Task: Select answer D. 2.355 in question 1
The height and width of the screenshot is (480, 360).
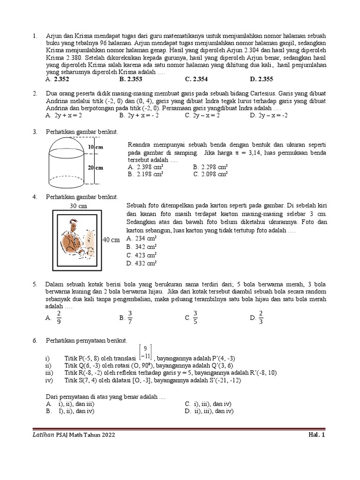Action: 262,79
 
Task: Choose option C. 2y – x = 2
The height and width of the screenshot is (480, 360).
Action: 202,114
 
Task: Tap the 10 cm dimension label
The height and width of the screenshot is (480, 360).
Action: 96,147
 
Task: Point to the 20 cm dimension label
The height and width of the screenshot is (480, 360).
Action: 96,167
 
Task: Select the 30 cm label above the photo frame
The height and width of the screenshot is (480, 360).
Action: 77,206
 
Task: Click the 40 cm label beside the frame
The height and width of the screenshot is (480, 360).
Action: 112,240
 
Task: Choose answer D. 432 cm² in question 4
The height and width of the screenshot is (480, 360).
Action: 141,263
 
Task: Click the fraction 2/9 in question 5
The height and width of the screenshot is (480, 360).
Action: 59,317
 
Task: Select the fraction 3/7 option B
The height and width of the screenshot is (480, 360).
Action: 130,317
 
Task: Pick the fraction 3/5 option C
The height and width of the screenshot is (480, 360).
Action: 195,317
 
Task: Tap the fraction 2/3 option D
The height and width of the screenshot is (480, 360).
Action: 261,317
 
